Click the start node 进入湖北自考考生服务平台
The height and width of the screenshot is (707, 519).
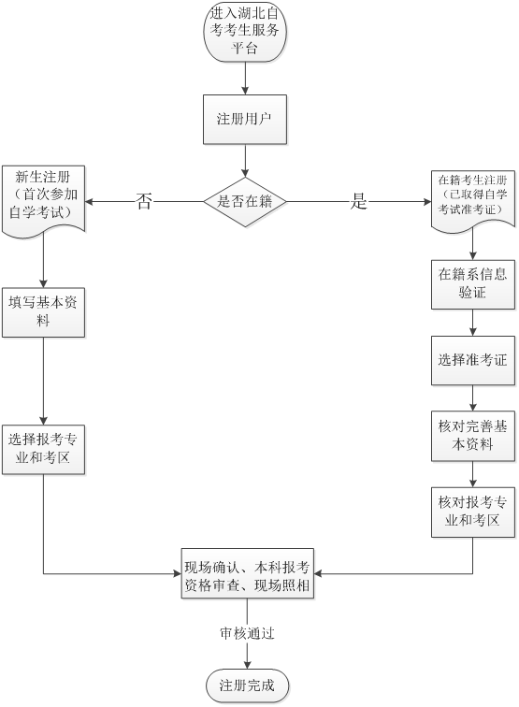click(x=245, y=31)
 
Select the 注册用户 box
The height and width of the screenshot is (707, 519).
click(x=245, y=120)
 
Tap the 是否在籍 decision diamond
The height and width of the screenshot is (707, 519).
click(x=245, y=202)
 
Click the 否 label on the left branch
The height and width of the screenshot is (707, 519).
click(x=144, y=201)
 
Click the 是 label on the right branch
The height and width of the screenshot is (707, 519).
click(x=359, y=201)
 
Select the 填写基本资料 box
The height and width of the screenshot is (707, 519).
click(x=43, y=312)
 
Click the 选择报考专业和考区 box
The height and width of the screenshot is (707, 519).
click(x=43, y=449)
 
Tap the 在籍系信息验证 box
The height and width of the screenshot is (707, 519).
click(x=473, y=284)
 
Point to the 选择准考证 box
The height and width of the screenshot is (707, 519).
click(x=473, y=360)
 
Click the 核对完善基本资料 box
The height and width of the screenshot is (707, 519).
click(x=473, y=436)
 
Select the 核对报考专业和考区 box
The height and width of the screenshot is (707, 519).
click(x=473, y=512)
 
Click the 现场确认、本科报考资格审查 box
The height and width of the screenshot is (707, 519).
click(x=248, y=573)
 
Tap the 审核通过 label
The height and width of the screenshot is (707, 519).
click(x=247, y=633)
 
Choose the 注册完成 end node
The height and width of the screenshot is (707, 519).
click(x=248, y=685)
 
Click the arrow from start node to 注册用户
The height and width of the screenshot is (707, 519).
click(x=245, y=78)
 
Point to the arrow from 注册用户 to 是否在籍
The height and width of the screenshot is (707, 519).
click(x=245, y=161)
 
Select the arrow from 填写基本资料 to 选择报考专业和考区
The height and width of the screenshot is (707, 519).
click(x=43, y=381)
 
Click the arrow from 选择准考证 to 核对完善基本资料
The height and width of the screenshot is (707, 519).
click(x=473, y=398)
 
